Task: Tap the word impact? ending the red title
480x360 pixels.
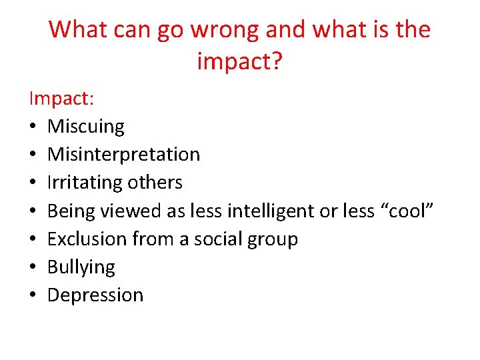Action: click(239, 62)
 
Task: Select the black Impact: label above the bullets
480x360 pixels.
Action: click(61, 99)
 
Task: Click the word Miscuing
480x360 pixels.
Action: click(86, 127)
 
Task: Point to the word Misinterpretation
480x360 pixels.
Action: click(123, 155)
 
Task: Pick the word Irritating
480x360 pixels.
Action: click(85, 183)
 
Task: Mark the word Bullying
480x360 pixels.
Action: click(81, 267)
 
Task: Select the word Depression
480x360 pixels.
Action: click(95, 295)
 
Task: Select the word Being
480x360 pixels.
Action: click(71, 211)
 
